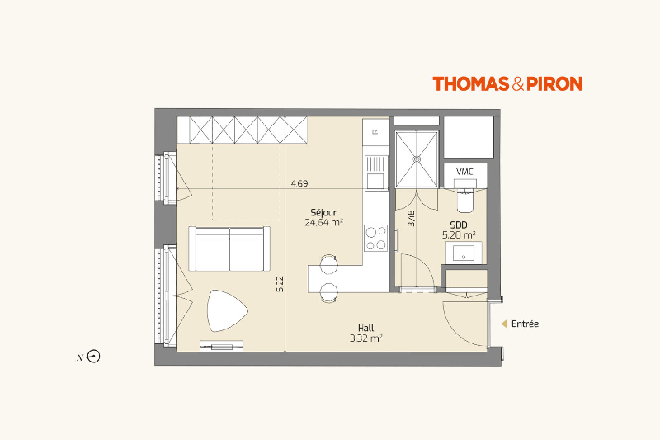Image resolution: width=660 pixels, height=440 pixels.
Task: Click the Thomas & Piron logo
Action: click(x=507, y=83)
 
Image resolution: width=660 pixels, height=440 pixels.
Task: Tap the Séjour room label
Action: click(x=323, y=213)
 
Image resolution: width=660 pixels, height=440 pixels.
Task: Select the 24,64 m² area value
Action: click(x=323, y=222)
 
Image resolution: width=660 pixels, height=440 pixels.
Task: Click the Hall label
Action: click(x=365, y=328)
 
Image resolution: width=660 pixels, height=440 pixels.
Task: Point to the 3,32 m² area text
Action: click(x=365, y=338)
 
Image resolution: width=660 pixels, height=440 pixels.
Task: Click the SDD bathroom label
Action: click(x=459, y=225)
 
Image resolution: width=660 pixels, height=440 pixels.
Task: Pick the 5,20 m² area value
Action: click(x=459, y=235)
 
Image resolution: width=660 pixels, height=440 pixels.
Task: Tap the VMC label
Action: click(x=464, y=172)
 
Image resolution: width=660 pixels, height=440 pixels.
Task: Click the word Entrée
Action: click(x=525, y=324)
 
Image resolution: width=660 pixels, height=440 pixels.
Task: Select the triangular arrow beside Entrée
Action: click(x=504, y=324)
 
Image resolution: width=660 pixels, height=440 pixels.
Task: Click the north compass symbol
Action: click(x=93, y=357)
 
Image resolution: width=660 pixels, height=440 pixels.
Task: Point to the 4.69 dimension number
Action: click(x=299, y=183)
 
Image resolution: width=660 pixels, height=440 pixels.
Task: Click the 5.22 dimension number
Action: click(x=280, y=284)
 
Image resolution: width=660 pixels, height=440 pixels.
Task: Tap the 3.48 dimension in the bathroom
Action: click(x=411, y=219)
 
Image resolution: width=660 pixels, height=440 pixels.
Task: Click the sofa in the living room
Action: click(x=229, y=248)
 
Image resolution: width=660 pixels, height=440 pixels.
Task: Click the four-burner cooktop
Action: click(x=376, y=238)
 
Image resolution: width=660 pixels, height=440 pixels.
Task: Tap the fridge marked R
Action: click(x=376, y=132)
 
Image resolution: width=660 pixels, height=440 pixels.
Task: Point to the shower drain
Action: click(x=417, y=159)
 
